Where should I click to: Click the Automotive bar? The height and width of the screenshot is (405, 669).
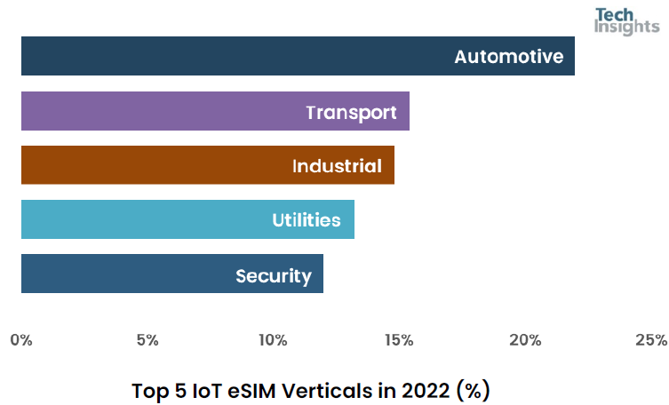[x=267, y=56]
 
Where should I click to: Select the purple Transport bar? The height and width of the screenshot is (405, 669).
[x=178, y=111]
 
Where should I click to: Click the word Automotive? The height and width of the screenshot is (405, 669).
[x=509, y=57]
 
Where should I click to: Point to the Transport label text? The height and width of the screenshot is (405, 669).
[x=351, y=112]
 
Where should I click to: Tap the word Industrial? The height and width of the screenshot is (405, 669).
[x=337, y=166]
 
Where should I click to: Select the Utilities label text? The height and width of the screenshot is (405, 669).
[x=307, y=220]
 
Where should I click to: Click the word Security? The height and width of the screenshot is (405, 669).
[x=274, y=275]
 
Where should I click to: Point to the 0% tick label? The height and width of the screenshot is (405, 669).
[x=21, y=340]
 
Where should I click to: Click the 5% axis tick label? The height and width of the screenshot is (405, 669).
[x=147, y=340]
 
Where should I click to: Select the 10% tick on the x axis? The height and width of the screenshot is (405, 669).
[x=273, y=340]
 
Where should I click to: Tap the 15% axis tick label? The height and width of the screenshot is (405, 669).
[x=399, y=340]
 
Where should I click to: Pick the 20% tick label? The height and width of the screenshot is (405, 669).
[x=525, y=340]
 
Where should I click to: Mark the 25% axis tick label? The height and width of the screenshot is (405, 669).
[x=651, y=340]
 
